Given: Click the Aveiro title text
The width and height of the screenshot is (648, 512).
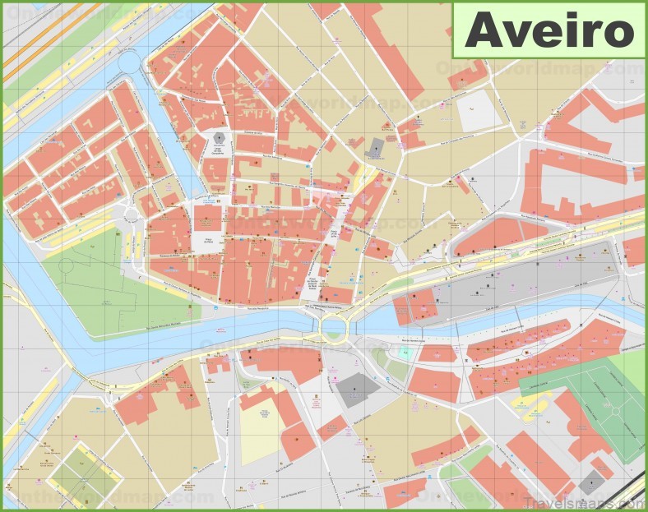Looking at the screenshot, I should [549, 30].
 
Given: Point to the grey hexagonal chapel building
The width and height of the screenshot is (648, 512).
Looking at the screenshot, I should [219, 137].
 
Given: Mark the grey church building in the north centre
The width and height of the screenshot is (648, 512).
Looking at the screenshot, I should [376, 148].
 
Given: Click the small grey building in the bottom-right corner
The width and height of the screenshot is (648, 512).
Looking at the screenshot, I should [590, 484].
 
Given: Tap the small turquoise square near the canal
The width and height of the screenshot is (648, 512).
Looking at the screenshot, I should [405, 352].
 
